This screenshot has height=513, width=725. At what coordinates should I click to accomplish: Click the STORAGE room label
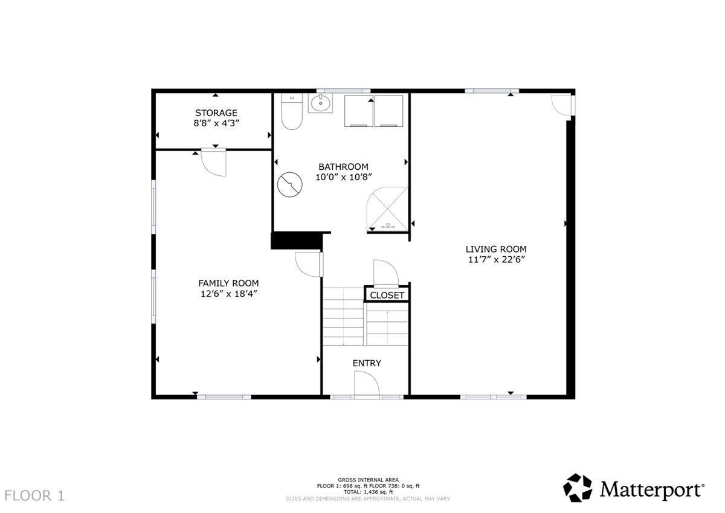[216, 113]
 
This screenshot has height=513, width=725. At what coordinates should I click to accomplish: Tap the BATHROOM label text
[343, 167]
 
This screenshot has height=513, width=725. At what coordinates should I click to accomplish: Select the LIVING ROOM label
[496, 249]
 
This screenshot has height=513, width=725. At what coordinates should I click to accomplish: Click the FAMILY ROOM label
[228, 283]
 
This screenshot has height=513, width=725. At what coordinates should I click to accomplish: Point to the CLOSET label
[387, 295]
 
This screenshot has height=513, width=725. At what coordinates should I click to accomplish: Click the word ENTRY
[367, 364]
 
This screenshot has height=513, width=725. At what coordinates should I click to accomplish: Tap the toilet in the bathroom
[292, 111]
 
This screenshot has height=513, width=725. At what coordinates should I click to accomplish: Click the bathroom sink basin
[320, 103]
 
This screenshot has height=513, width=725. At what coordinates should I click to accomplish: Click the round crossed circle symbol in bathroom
[289, 184]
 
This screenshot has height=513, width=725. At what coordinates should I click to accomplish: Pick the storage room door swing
[214, 162]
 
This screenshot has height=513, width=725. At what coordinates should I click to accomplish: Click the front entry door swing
[367, 383]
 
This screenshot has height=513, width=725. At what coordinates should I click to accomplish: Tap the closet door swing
[386, 274]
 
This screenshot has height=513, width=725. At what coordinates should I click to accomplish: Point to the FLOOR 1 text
[34, 496]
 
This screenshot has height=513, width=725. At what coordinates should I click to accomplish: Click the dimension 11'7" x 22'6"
[496, 260]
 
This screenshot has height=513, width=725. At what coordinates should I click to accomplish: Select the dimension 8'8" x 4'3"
[216, 123]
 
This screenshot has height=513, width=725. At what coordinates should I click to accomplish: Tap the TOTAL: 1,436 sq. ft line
[369, 492]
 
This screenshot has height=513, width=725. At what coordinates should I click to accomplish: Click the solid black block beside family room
[297, 240]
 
